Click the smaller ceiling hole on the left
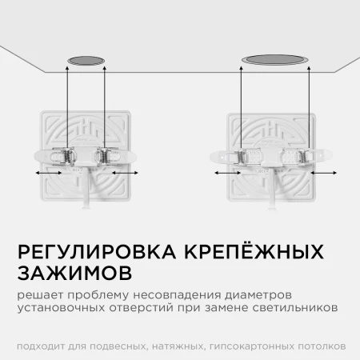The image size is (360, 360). (x=86, y=61)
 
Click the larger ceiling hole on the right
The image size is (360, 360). (x=275, y=60)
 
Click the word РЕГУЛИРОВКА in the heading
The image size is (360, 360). (x=97, y=251)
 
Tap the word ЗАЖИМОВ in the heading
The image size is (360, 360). (x=75, y=273)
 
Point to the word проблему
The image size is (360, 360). (x=98, y=296)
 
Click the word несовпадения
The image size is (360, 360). (x=177, y=295)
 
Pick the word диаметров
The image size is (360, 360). (x=258, y=296)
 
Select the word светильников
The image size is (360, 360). (x=295, y=307)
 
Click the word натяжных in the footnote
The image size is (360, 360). (x=177, y=346)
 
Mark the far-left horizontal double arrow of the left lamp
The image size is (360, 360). (x=49, y=173)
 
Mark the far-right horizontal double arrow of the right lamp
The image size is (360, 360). (x=323, y=173)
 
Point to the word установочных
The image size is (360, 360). (x=61, y=308)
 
